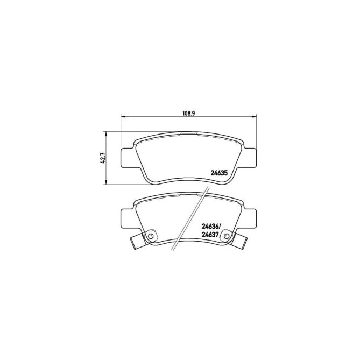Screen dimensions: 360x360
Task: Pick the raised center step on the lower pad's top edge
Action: pos(189,193)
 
